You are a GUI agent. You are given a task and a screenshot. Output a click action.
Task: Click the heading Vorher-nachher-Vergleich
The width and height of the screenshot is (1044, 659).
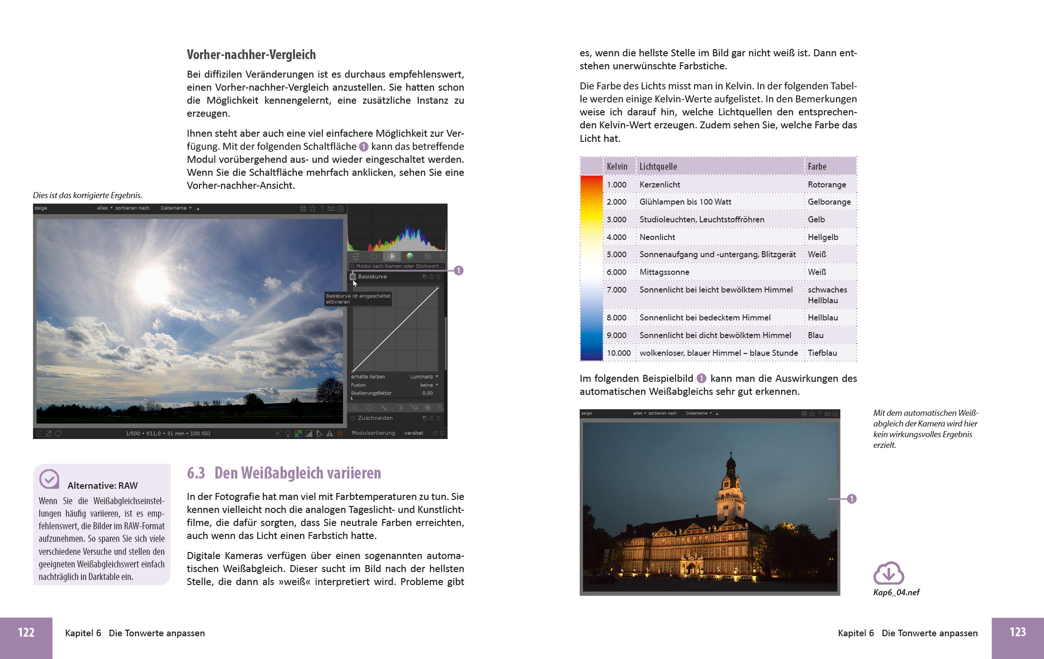(x=251, y=55)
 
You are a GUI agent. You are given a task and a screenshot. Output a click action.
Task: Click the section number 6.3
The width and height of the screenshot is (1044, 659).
(x=196, y=473)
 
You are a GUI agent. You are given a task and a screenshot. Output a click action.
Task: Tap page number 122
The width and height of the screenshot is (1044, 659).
(x=26, y=632)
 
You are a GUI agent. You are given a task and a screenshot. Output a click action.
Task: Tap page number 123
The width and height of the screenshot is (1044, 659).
(x=1017, y=632)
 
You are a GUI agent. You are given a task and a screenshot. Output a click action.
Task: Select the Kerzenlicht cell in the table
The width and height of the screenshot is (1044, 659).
(x=660, y=185)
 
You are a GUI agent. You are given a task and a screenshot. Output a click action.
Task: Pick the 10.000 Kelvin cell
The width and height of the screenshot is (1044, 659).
(x=618, y=353)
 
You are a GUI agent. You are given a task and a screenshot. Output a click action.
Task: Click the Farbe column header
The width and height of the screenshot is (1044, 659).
(x=817, y=166)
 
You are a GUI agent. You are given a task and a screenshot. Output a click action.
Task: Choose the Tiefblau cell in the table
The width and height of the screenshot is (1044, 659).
(x=822, y=353)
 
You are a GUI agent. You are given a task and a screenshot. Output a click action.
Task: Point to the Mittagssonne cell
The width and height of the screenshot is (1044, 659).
(x=664, y=272)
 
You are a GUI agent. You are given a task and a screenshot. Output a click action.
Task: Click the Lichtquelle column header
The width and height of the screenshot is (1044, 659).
(x=658, y=166)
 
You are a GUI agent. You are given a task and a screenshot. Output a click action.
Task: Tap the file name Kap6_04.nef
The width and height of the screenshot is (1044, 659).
(x=896, y=592)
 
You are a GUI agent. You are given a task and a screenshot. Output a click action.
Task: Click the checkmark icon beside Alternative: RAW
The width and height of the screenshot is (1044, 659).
(x=49, y=479)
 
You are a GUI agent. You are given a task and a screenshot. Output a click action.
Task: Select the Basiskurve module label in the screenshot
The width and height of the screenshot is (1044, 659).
(x=372, y=277)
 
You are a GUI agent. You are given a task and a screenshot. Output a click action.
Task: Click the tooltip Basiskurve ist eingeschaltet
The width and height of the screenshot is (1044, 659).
(x=358, y=299)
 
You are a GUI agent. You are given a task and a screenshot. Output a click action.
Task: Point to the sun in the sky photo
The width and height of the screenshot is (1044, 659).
(x=152, y=283)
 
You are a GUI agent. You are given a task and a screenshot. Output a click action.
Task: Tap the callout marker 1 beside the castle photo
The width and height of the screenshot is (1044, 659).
(x=851, y=499)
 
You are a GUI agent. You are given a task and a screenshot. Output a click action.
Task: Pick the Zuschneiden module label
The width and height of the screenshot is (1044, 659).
(x=375, y=418)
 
